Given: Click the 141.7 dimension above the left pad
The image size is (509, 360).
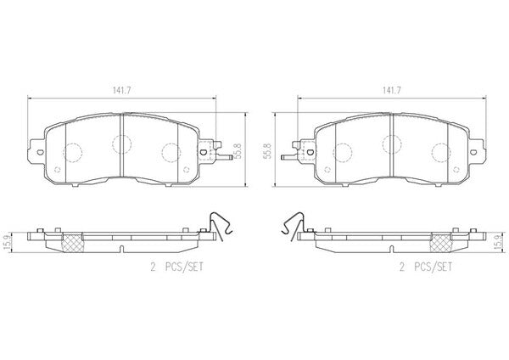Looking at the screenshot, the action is tap(121, 91).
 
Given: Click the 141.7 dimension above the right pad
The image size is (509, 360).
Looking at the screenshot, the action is tap(391, 91).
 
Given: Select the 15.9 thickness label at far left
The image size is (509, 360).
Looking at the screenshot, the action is tap(6, 242).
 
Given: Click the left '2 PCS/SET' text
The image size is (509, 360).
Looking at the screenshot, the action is tap(176, 267).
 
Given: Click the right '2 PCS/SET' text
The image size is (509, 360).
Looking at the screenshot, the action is tap(426, 267).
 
